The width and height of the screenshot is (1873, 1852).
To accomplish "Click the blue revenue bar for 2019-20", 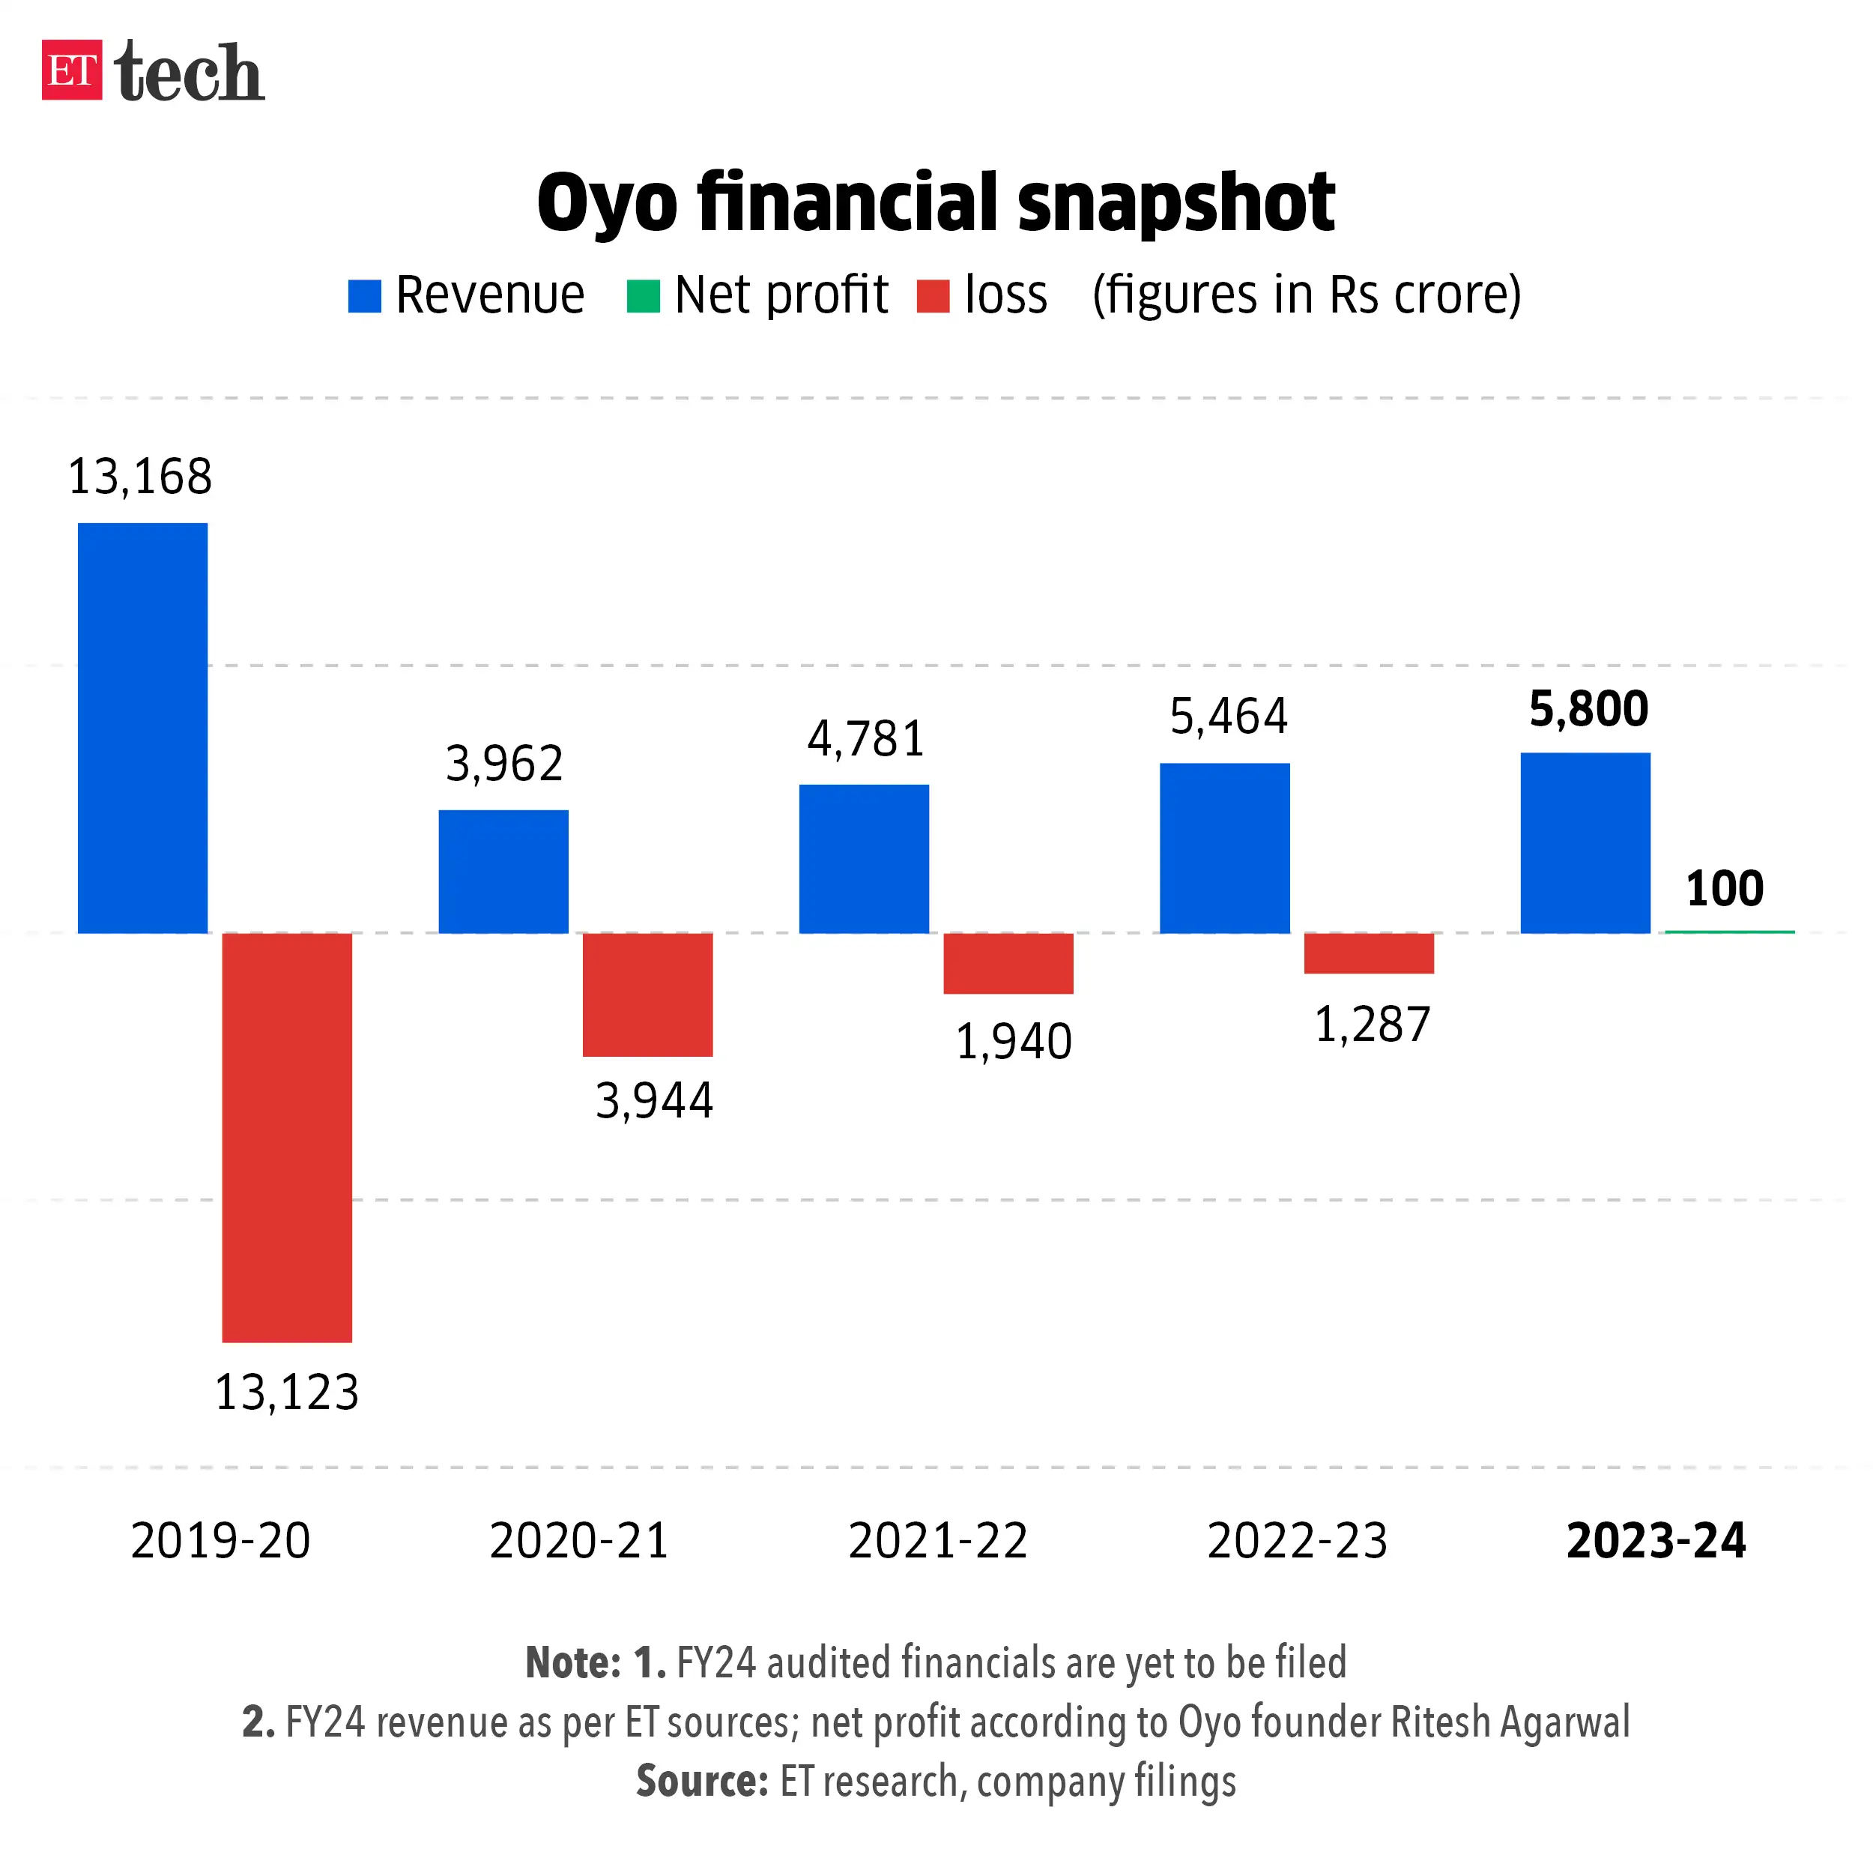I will (142, 727).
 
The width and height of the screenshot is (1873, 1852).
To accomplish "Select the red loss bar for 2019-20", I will (287, 1136).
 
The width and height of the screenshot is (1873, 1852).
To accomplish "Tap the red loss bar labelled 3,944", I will (647, 994).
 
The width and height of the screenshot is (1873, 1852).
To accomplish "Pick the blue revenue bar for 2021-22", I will (864, 858).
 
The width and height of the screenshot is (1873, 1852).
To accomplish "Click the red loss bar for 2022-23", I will (1369, 952).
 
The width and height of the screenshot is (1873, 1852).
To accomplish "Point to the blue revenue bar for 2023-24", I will (1585, 842).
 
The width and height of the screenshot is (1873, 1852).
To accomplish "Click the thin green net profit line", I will (1729, 932).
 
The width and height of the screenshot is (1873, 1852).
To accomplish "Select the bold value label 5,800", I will (1588, 709).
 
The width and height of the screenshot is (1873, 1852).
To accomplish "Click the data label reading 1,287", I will (1372, 1025).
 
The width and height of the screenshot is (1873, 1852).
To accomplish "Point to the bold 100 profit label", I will (1725, 888).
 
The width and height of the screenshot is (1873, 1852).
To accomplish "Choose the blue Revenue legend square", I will (365, 296).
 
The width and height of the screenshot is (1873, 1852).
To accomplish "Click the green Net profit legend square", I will (643, 296).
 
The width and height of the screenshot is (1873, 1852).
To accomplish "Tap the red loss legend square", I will (933, 296).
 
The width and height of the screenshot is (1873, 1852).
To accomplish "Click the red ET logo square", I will (70, 70).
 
